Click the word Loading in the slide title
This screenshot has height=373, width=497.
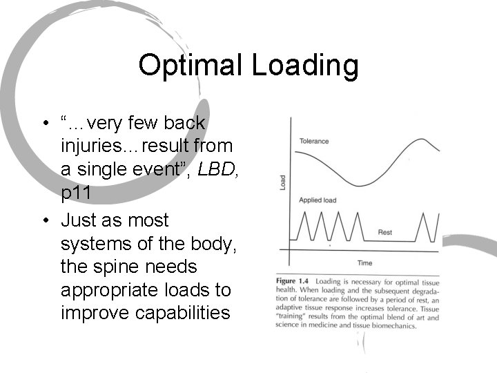tap(304, 66)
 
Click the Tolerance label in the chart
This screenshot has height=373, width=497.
tap(314, 142)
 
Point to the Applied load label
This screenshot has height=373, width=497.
tap(318, 200)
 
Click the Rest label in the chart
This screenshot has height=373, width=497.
tap(385, 233)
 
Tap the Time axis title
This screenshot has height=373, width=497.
tap(364, 262)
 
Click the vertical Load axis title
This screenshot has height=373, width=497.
tap(282, 182)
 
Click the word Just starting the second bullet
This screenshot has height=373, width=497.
tap(79, 220)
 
